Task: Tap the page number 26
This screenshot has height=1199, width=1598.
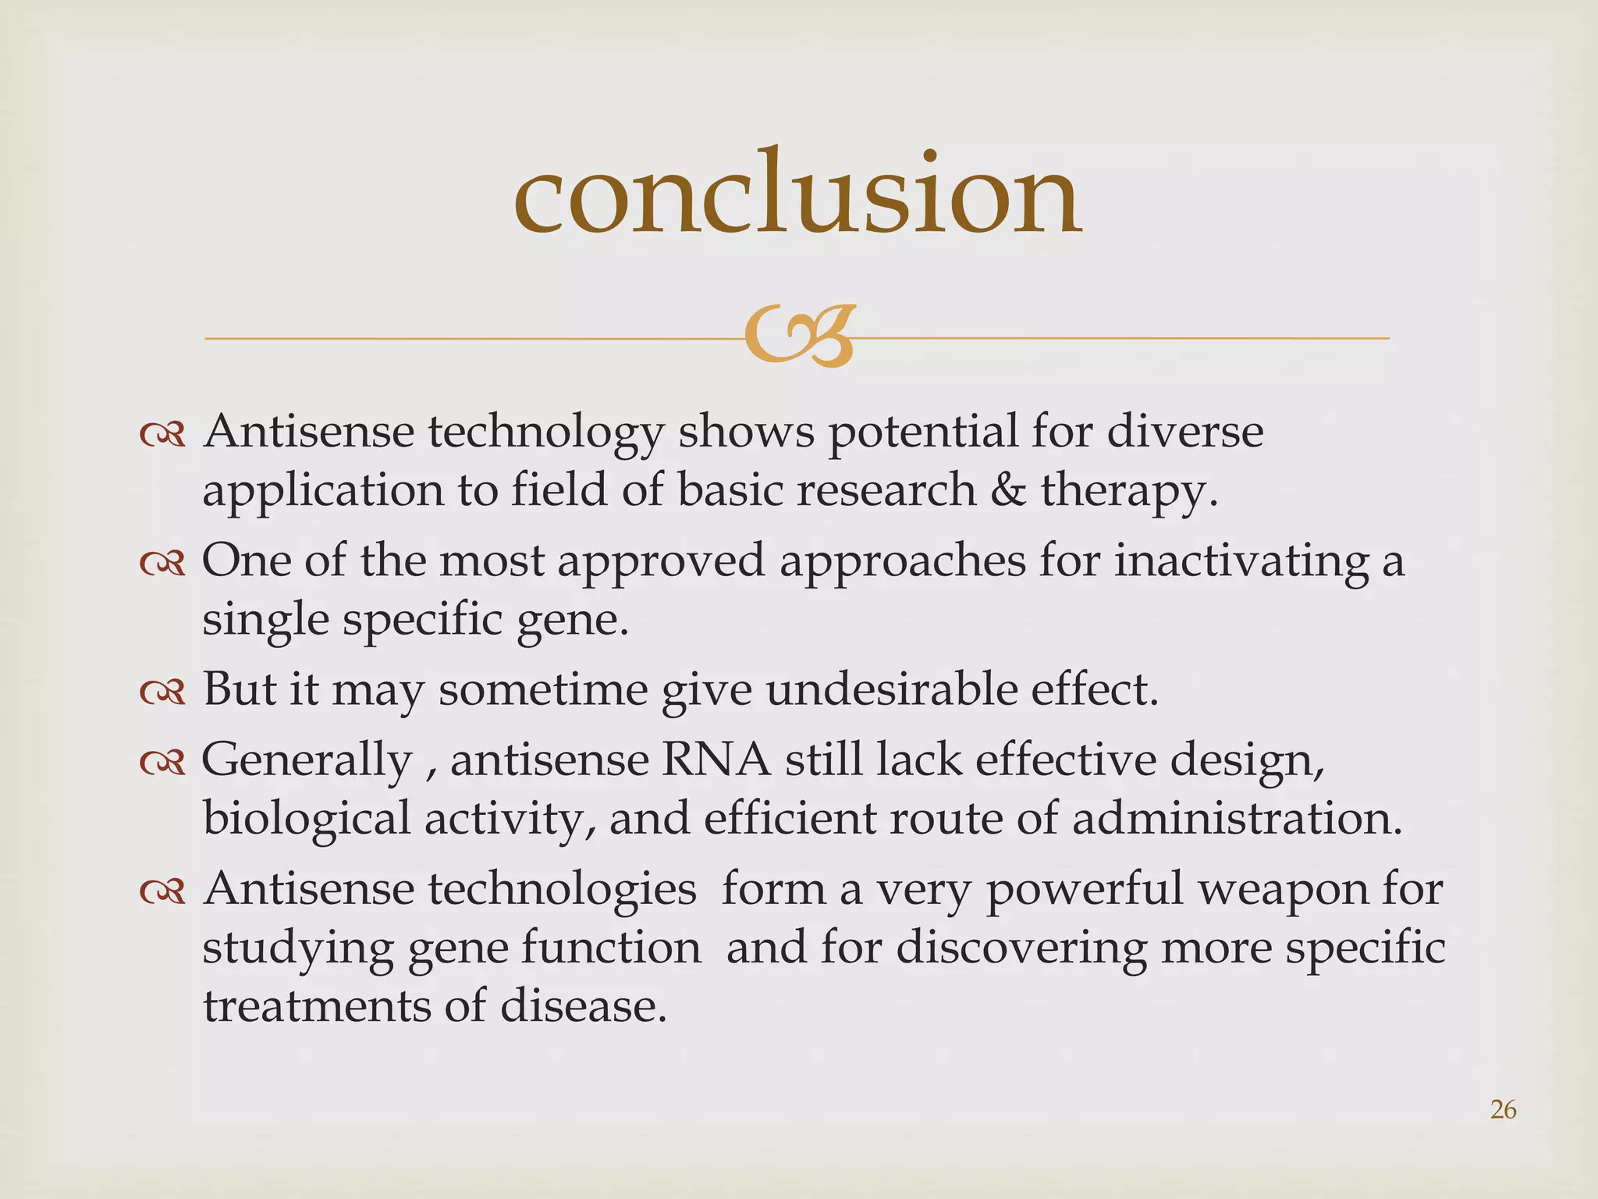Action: point(1503,1109)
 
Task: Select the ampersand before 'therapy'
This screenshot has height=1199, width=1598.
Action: point(1008,490)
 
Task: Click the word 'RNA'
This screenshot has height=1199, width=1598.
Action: point(716,760)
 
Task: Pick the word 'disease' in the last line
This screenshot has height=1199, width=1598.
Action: point(583,1006)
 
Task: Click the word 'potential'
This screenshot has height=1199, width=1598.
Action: point(923,432)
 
